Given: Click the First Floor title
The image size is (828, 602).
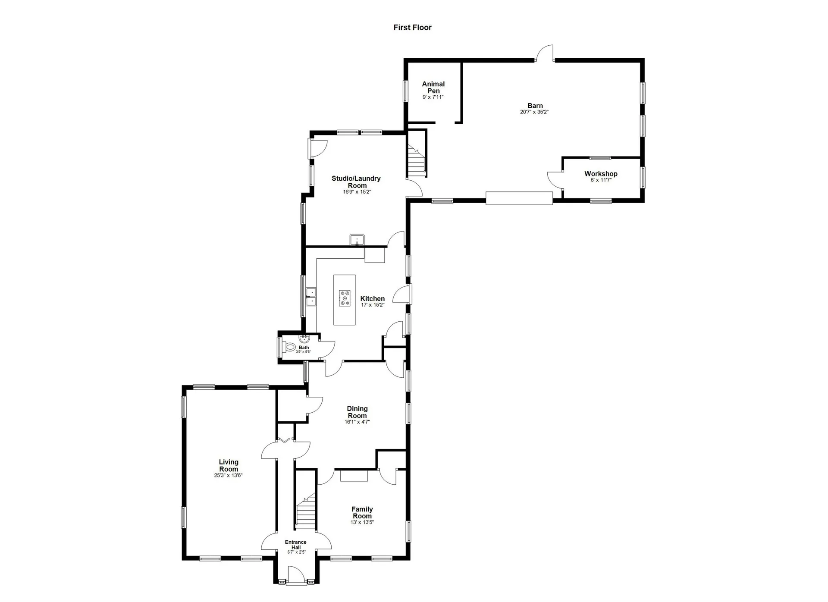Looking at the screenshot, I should click(412, 28).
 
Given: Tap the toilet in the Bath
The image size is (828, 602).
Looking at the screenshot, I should click(290, 347).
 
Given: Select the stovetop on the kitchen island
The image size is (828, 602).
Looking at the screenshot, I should click(345, 298).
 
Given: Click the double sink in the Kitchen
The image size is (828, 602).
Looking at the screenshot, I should click(311, 297).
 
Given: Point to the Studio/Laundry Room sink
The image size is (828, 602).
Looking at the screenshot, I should click(357, 240).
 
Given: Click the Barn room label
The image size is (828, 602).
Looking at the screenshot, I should click(535, 106).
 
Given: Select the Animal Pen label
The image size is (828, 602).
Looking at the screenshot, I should click(433, 87).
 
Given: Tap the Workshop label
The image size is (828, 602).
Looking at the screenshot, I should click(601, 174).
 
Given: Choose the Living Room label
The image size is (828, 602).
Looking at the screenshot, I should click(228, 466).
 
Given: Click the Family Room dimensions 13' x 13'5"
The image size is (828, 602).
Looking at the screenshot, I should click(362, 522).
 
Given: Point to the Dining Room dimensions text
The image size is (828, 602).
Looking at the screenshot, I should click(357, 422).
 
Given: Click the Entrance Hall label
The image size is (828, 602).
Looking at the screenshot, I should click(296, 545).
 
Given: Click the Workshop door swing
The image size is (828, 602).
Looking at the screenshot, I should click(555, 179).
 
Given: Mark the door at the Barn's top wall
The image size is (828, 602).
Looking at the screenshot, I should click(545, 53).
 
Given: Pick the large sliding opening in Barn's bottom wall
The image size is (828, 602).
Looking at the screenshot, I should click(519, 198).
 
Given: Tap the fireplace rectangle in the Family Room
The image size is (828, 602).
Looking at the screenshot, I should click(354, 476).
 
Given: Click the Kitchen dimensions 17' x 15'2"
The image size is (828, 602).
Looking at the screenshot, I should click(372, 305).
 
